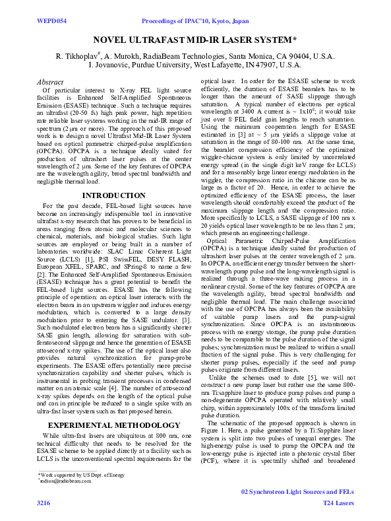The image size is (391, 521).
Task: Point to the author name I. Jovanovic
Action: click(111, 66)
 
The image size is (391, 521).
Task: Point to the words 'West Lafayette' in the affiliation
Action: click(238, 66)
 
